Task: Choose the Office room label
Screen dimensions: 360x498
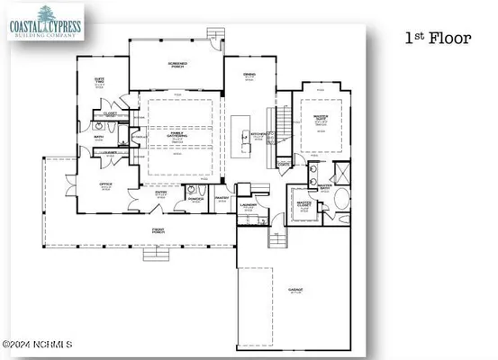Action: [105, 187]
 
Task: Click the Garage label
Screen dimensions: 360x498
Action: [294, 290]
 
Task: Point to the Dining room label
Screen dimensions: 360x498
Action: [249, 78]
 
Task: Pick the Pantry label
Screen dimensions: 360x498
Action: [222, 200]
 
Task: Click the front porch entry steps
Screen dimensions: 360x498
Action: [156, 254]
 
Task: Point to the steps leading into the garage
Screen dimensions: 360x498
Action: [278, 239]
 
